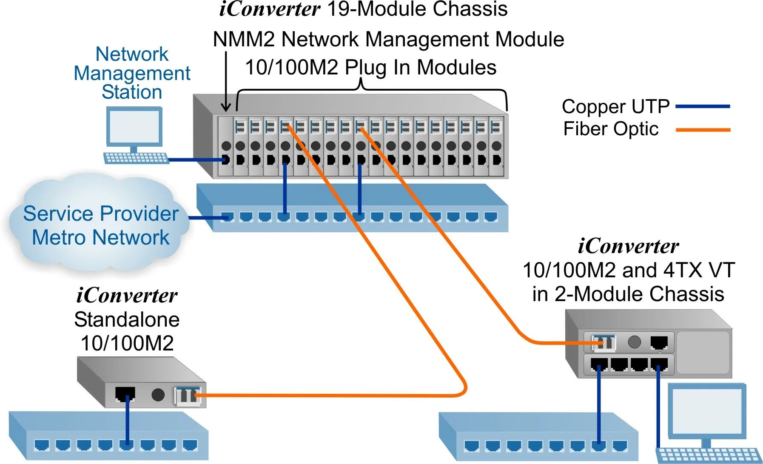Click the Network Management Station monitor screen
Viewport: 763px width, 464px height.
point(134,126)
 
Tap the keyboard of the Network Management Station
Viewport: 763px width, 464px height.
point(136,158)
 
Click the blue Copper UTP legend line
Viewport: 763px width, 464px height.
point(703,106)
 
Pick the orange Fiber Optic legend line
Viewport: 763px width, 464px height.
point(703,130)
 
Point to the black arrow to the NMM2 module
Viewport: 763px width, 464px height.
point(226,81)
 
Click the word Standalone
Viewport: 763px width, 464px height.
point(127,319)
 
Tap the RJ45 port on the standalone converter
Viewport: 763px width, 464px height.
point(125,393)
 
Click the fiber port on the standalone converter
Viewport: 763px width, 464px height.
point(188,396)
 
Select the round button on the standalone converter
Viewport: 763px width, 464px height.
point(158,395)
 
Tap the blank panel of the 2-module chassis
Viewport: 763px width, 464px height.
point(703,353)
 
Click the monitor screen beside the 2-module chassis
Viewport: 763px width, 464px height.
point(707,410)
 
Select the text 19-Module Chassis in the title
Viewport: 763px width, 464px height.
point(417,9)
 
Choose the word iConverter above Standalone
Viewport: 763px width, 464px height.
point(127,295)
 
